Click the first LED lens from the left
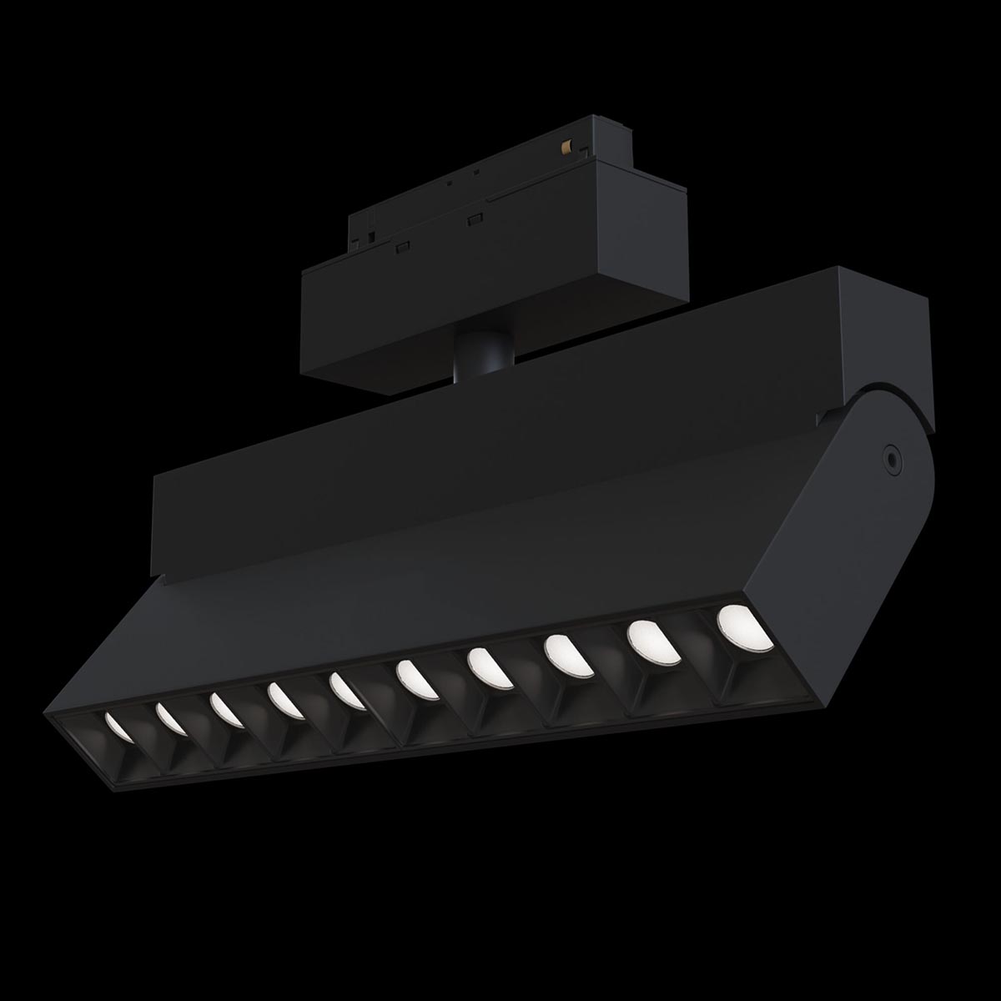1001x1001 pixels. coord(118,727)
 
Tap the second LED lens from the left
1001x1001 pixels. coord(171,717)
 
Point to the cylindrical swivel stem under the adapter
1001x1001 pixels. coord(475,359)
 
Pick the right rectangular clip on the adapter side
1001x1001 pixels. coord(476,220)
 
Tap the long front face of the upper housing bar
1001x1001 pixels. coord(500,450)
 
